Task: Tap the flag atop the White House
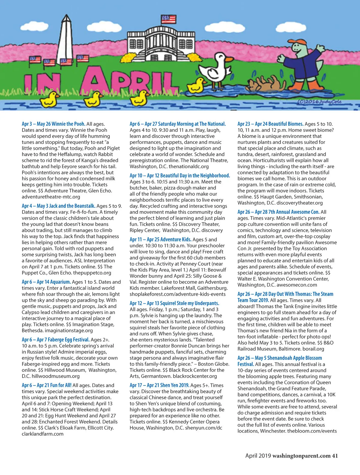point(168,20)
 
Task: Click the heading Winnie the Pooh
point(68,124)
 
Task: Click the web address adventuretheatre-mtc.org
point(51,197)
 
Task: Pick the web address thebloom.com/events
point(312,431)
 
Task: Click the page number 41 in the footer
point(335,455)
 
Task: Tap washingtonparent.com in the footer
point(301,455)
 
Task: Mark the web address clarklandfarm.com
point(43,434)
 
